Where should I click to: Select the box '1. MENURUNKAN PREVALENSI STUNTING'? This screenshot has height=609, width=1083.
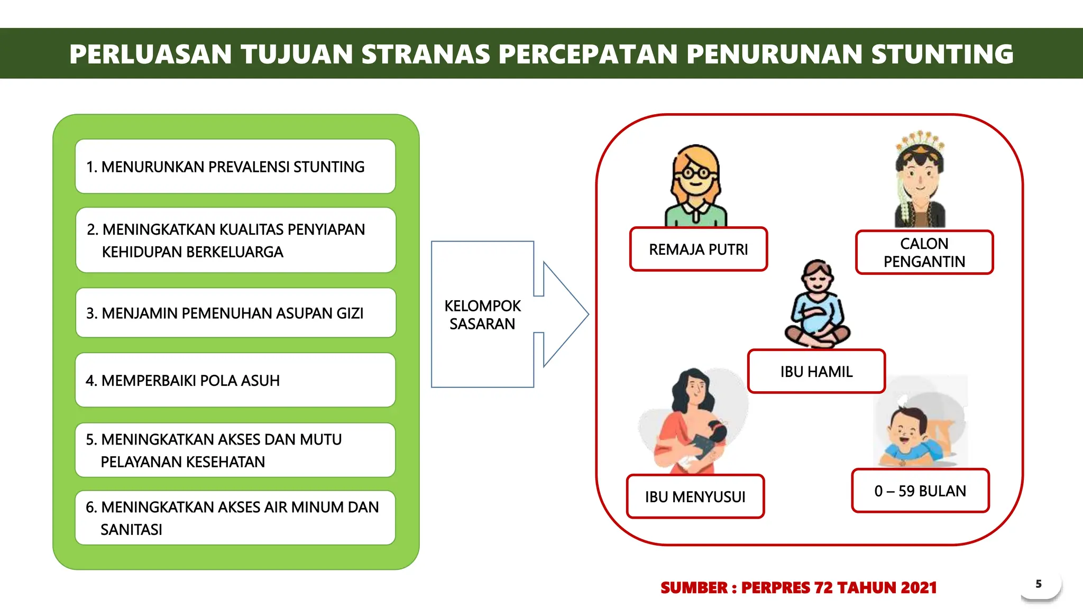click(235, 167)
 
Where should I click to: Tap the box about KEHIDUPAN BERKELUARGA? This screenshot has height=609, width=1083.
click(235, 241)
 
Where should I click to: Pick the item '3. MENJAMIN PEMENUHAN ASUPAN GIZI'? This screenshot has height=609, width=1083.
click(235, 313)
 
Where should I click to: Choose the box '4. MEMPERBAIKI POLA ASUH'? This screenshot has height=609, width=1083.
click(235, 380)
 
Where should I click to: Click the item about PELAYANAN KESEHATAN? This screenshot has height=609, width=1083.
click(235, 450)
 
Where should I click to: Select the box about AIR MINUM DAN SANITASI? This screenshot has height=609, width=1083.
click(235, 518)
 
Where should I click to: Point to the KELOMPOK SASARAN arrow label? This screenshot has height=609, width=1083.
click(482, 315)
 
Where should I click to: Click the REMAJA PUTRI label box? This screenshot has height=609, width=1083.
click(698, 250)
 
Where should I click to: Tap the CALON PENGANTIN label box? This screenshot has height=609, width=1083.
click(924, 253)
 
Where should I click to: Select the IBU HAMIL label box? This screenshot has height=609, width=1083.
click(816, 372)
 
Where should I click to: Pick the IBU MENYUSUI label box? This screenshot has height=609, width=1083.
click(695, 497)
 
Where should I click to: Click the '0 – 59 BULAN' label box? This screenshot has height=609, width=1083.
click(920, 491)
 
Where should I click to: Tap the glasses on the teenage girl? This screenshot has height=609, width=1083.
click(695, 172)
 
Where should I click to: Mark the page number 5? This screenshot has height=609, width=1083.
click(1039, 584)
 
